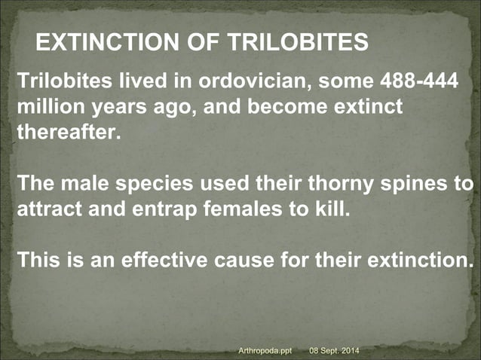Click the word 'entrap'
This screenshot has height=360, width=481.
coord(158,209)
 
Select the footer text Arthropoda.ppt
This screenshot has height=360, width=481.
coord(265,351)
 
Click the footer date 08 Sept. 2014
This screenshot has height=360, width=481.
coord(335,351)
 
